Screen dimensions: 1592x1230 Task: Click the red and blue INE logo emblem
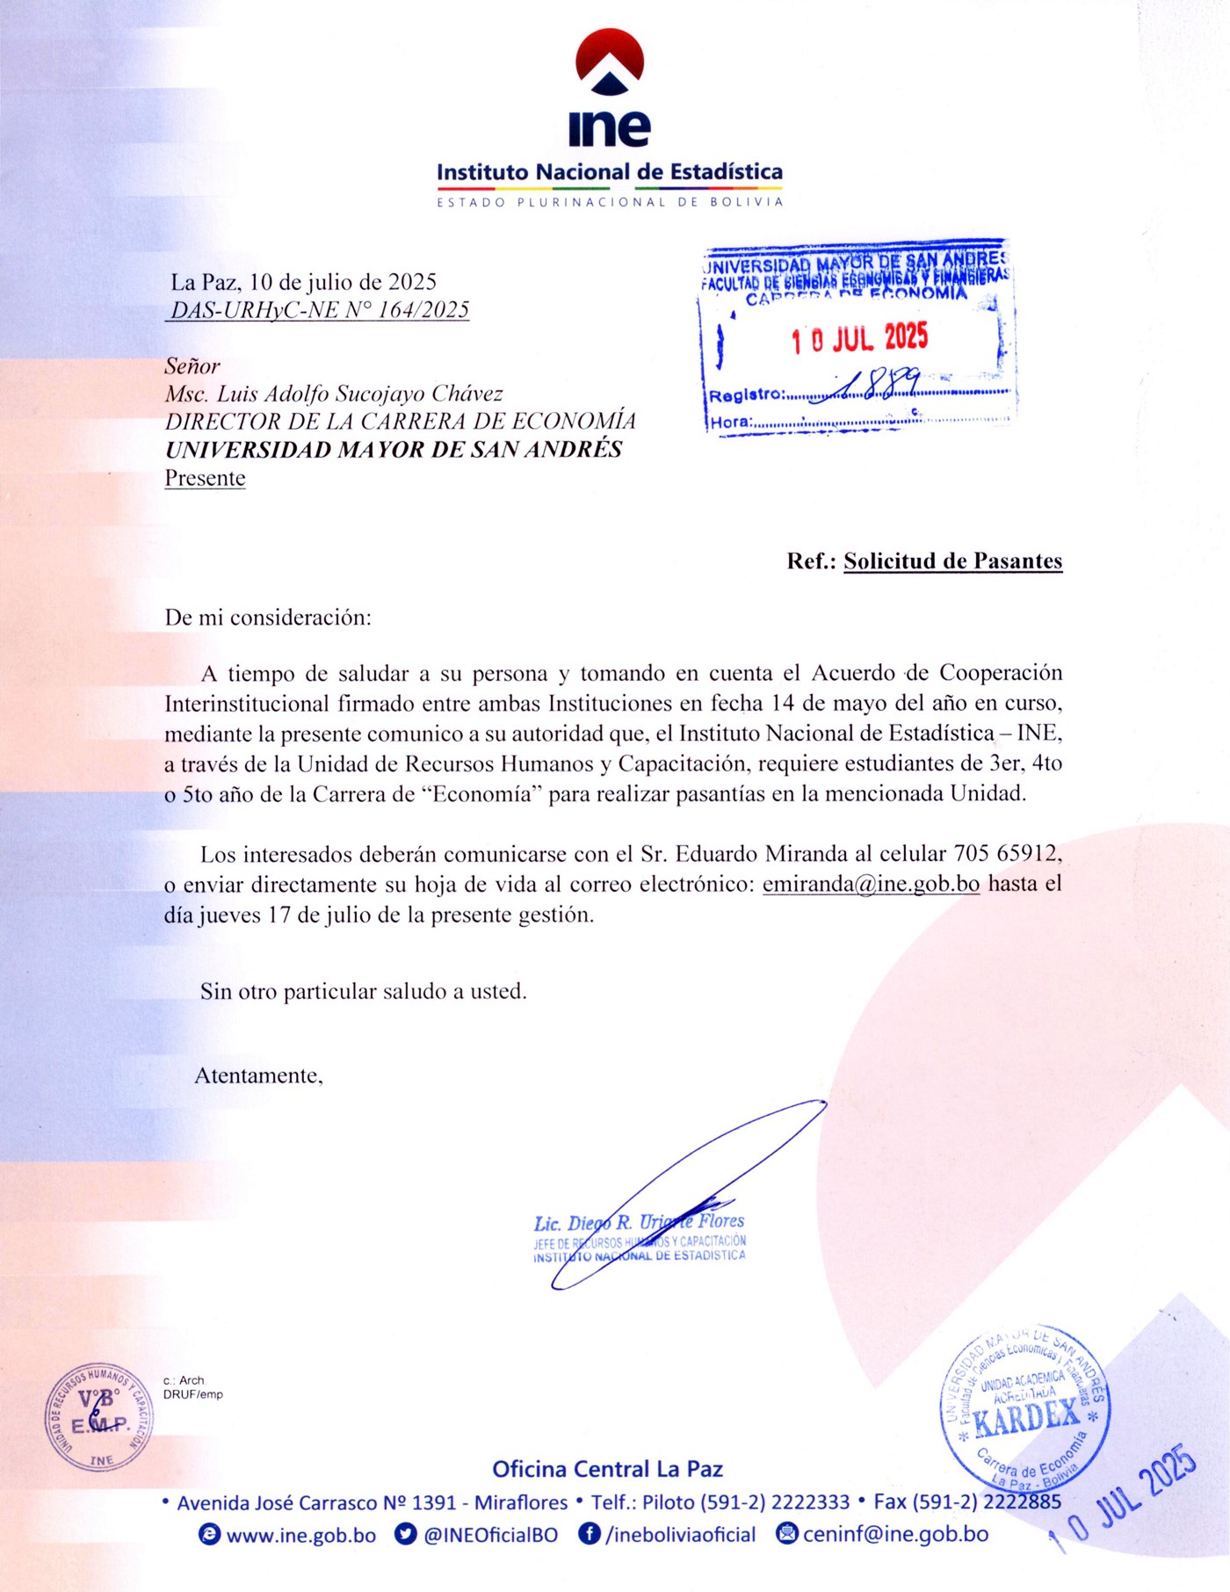click(610, 62)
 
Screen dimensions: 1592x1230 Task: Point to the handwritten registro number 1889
click(879, 384)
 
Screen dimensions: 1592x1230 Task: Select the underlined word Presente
click(205, 478)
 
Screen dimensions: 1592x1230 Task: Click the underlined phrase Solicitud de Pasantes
click(952, 561)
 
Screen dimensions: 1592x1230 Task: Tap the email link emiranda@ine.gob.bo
click(871, 884)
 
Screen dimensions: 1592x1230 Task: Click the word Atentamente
click(258, 1076)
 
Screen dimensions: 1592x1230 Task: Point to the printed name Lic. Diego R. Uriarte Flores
click(639, 1222)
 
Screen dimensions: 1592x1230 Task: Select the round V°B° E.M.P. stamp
click(98, 1418)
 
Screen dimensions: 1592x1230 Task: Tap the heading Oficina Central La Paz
click(607, 1469)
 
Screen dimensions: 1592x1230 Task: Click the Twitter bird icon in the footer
click(405, 1534)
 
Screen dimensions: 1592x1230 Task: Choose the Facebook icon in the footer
click(589, 1534)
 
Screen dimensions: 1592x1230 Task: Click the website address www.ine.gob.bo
click(300, 1535)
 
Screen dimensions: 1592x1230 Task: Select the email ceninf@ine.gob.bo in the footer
click(895, 1534)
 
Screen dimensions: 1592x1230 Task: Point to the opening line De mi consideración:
click(268, 618)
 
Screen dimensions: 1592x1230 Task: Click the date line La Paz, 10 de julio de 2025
click(303, 282)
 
